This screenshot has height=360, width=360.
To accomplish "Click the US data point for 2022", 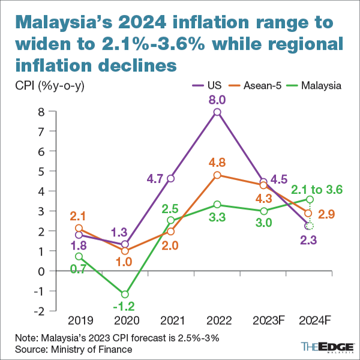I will point(217,112).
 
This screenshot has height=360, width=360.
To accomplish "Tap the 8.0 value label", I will point(217,99).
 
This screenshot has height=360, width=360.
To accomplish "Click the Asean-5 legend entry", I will point(254,85).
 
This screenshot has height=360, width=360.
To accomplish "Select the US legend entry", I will point(202,85).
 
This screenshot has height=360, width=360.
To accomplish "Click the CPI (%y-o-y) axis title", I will point(50,85).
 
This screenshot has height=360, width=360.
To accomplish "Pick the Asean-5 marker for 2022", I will point(217,175).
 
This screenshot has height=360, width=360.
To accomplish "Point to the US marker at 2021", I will point(171,178).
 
